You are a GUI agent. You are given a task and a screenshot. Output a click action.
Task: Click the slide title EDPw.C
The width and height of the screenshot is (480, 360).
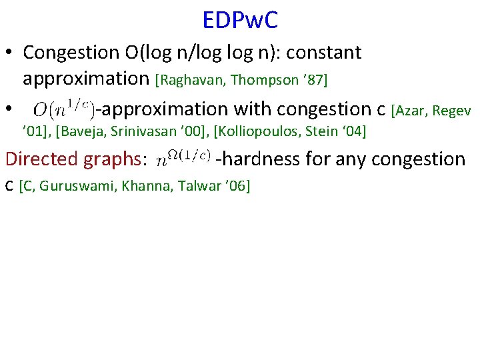[x=240, y=20]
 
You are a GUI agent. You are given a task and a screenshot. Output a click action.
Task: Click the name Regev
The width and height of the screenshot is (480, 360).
[x=455, y=109]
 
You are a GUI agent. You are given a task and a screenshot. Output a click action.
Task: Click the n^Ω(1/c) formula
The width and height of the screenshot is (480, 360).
[x=183, y=159]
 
